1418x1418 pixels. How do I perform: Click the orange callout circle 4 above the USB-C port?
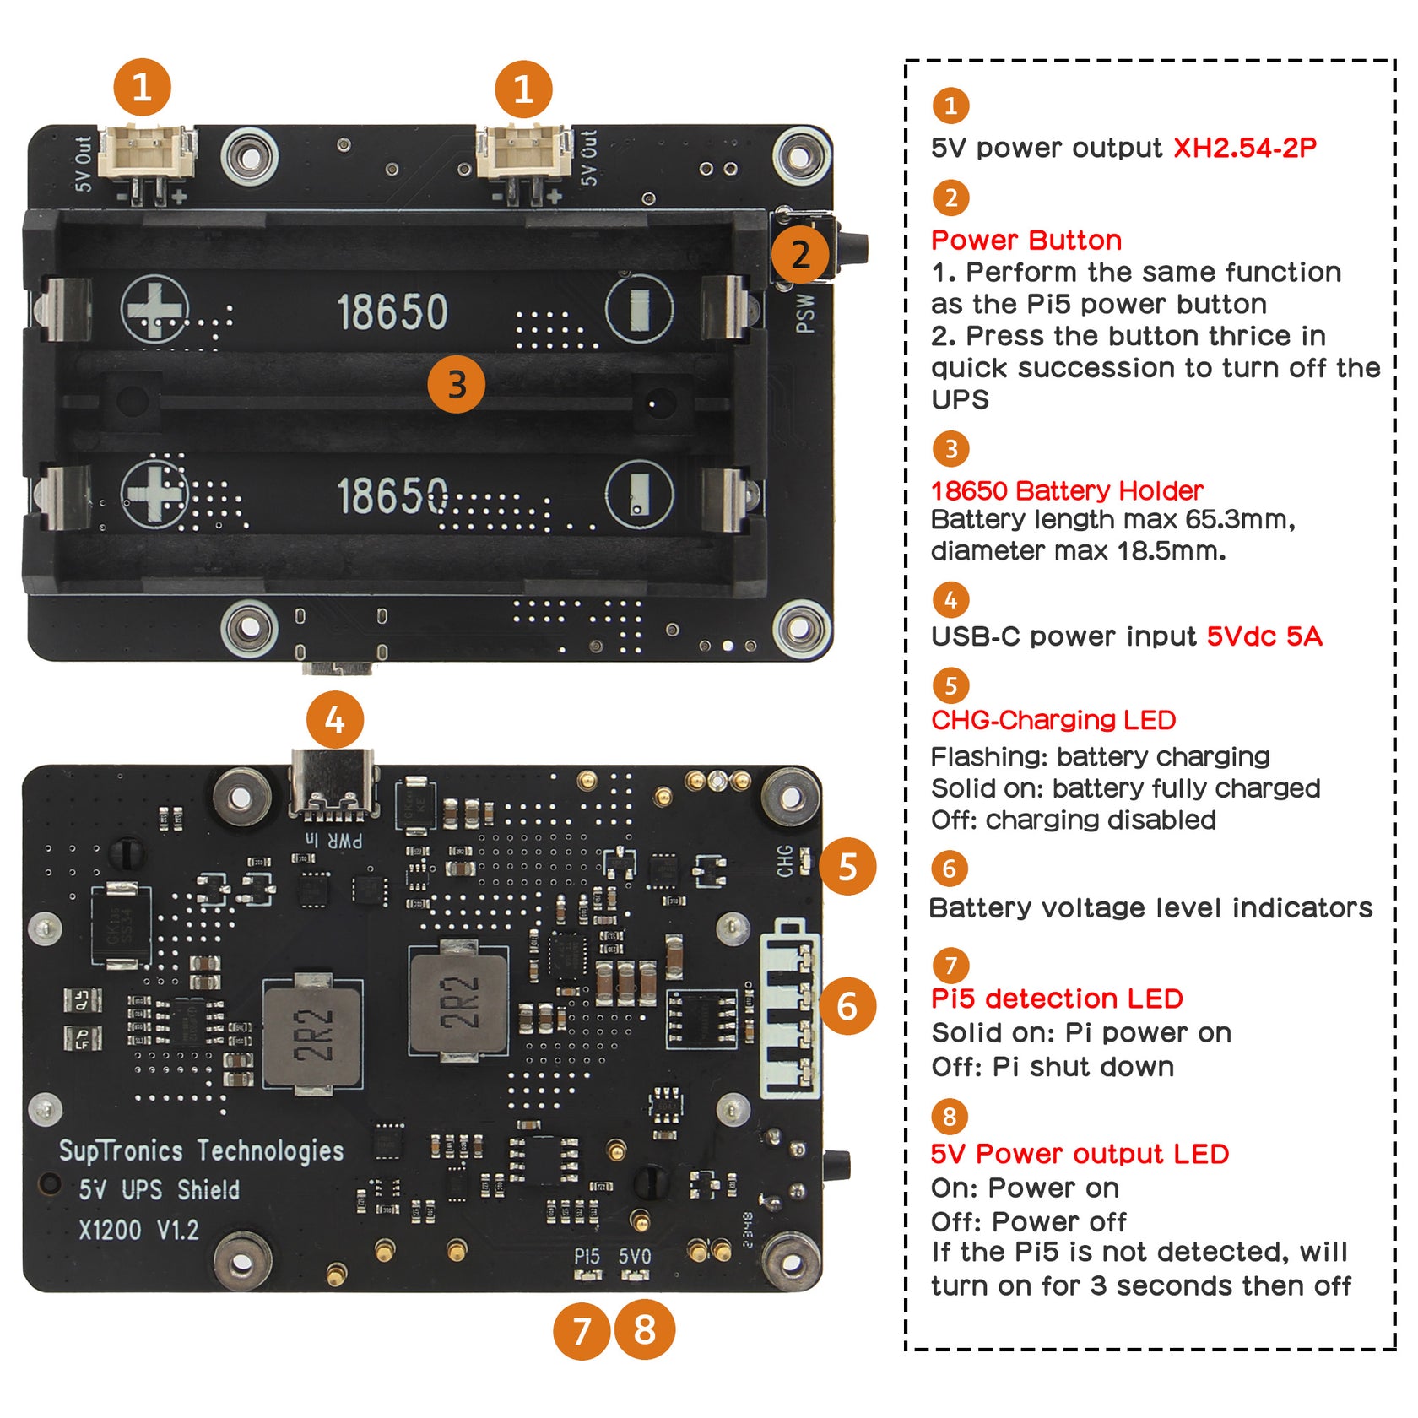coord(335,721)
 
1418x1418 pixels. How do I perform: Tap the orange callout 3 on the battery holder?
coord(456,385)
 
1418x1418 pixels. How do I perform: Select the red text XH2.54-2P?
coord(1244,148)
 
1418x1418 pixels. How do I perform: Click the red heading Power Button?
coord(1026,241)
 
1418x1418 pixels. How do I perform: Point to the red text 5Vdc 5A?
coord(1264,636)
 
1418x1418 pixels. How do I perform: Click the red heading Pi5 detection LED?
coord(1056,999)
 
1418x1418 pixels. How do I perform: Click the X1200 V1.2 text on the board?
coord(139,1230)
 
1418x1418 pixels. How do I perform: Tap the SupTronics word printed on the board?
coord(121,1150)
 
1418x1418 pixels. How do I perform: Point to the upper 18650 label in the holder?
coord(392,312)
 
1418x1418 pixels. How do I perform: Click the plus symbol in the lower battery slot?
coord(154,493)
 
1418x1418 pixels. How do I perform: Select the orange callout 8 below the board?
coord(644,1329)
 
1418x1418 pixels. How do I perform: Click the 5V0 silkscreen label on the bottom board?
coord(635,1257)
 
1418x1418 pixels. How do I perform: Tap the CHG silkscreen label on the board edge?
coord(785,861)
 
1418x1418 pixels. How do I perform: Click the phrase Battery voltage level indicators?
coord(1150,908)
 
